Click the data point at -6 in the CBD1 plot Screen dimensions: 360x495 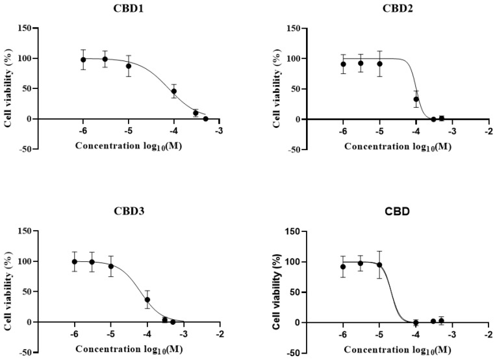(x=83, y=60)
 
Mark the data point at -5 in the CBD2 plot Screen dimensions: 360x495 (x=379, y=64)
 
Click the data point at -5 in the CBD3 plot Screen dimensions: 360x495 (x=111, y=266)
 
